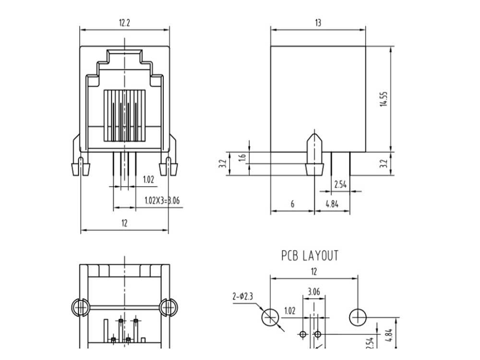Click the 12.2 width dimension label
point(124,23)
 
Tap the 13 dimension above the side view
point(318,23)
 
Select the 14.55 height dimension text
point(384,99)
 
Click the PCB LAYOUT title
point(310,256)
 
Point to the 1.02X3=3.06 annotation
point(162,201)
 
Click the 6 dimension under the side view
point(292,204)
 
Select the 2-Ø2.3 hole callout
point(243,296)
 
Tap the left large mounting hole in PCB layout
point(270,317)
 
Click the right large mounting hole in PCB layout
point(358,317)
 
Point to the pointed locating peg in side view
point(315,154)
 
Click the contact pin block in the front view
point(124,116)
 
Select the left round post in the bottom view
point(80,307)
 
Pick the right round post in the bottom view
point(168,307)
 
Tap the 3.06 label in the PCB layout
point(314,292)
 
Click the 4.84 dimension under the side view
point(332,204)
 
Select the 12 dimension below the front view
point(124,223)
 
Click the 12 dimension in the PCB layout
point(314,272)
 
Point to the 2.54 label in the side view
point(340,185)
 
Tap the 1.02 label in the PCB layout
point(290,311)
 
